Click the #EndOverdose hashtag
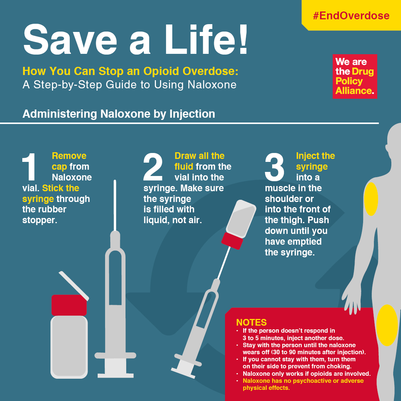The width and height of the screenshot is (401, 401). coord(351,16)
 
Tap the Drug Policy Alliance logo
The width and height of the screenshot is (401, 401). coord(355,76)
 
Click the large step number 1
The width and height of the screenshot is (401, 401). coord(30,167)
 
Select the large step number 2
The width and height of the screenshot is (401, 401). coord(153,167)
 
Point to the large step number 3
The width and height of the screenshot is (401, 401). coord(274,167)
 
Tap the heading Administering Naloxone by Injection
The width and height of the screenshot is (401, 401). coord(119,114)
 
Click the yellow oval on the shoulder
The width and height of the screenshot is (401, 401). coord(371,199)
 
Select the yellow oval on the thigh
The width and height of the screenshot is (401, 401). coord(387,325)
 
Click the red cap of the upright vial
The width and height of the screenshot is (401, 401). coord(69,305)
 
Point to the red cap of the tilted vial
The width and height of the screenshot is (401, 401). coord(232,241)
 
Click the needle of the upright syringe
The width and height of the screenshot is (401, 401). coord(115,204)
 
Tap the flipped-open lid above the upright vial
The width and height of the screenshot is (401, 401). coord(74,285)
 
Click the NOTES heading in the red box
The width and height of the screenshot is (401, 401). coord(251,322)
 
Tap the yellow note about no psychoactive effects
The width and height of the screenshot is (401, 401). coord(303,384)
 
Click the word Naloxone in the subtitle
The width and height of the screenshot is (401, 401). coord(212,85)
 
